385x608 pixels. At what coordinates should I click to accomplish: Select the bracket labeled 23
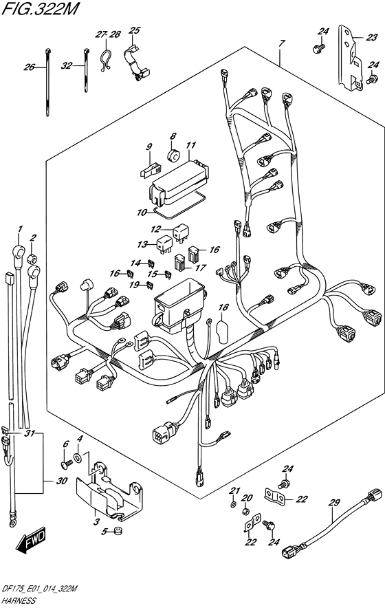click(x=350, y=58)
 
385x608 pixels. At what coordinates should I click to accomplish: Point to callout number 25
click(x=134, y=30)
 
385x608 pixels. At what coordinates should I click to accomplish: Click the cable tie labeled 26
click(x=47, y=83)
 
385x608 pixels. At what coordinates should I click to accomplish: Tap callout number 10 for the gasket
click(x=142, y=213)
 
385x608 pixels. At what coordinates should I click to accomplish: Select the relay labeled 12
click(x=181, y=233)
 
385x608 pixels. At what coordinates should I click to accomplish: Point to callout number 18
click(x=223, y=307)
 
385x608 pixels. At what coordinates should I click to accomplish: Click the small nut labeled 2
click(x=32, y=259)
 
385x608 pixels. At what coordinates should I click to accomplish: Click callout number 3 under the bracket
click(x=96, y=521)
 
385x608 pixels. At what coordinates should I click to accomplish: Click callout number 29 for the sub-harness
click(x=334, y=503)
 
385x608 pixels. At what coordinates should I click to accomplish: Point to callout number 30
click(x=62, y=481)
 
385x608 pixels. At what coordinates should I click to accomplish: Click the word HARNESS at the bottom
click(x=19, y=600)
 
